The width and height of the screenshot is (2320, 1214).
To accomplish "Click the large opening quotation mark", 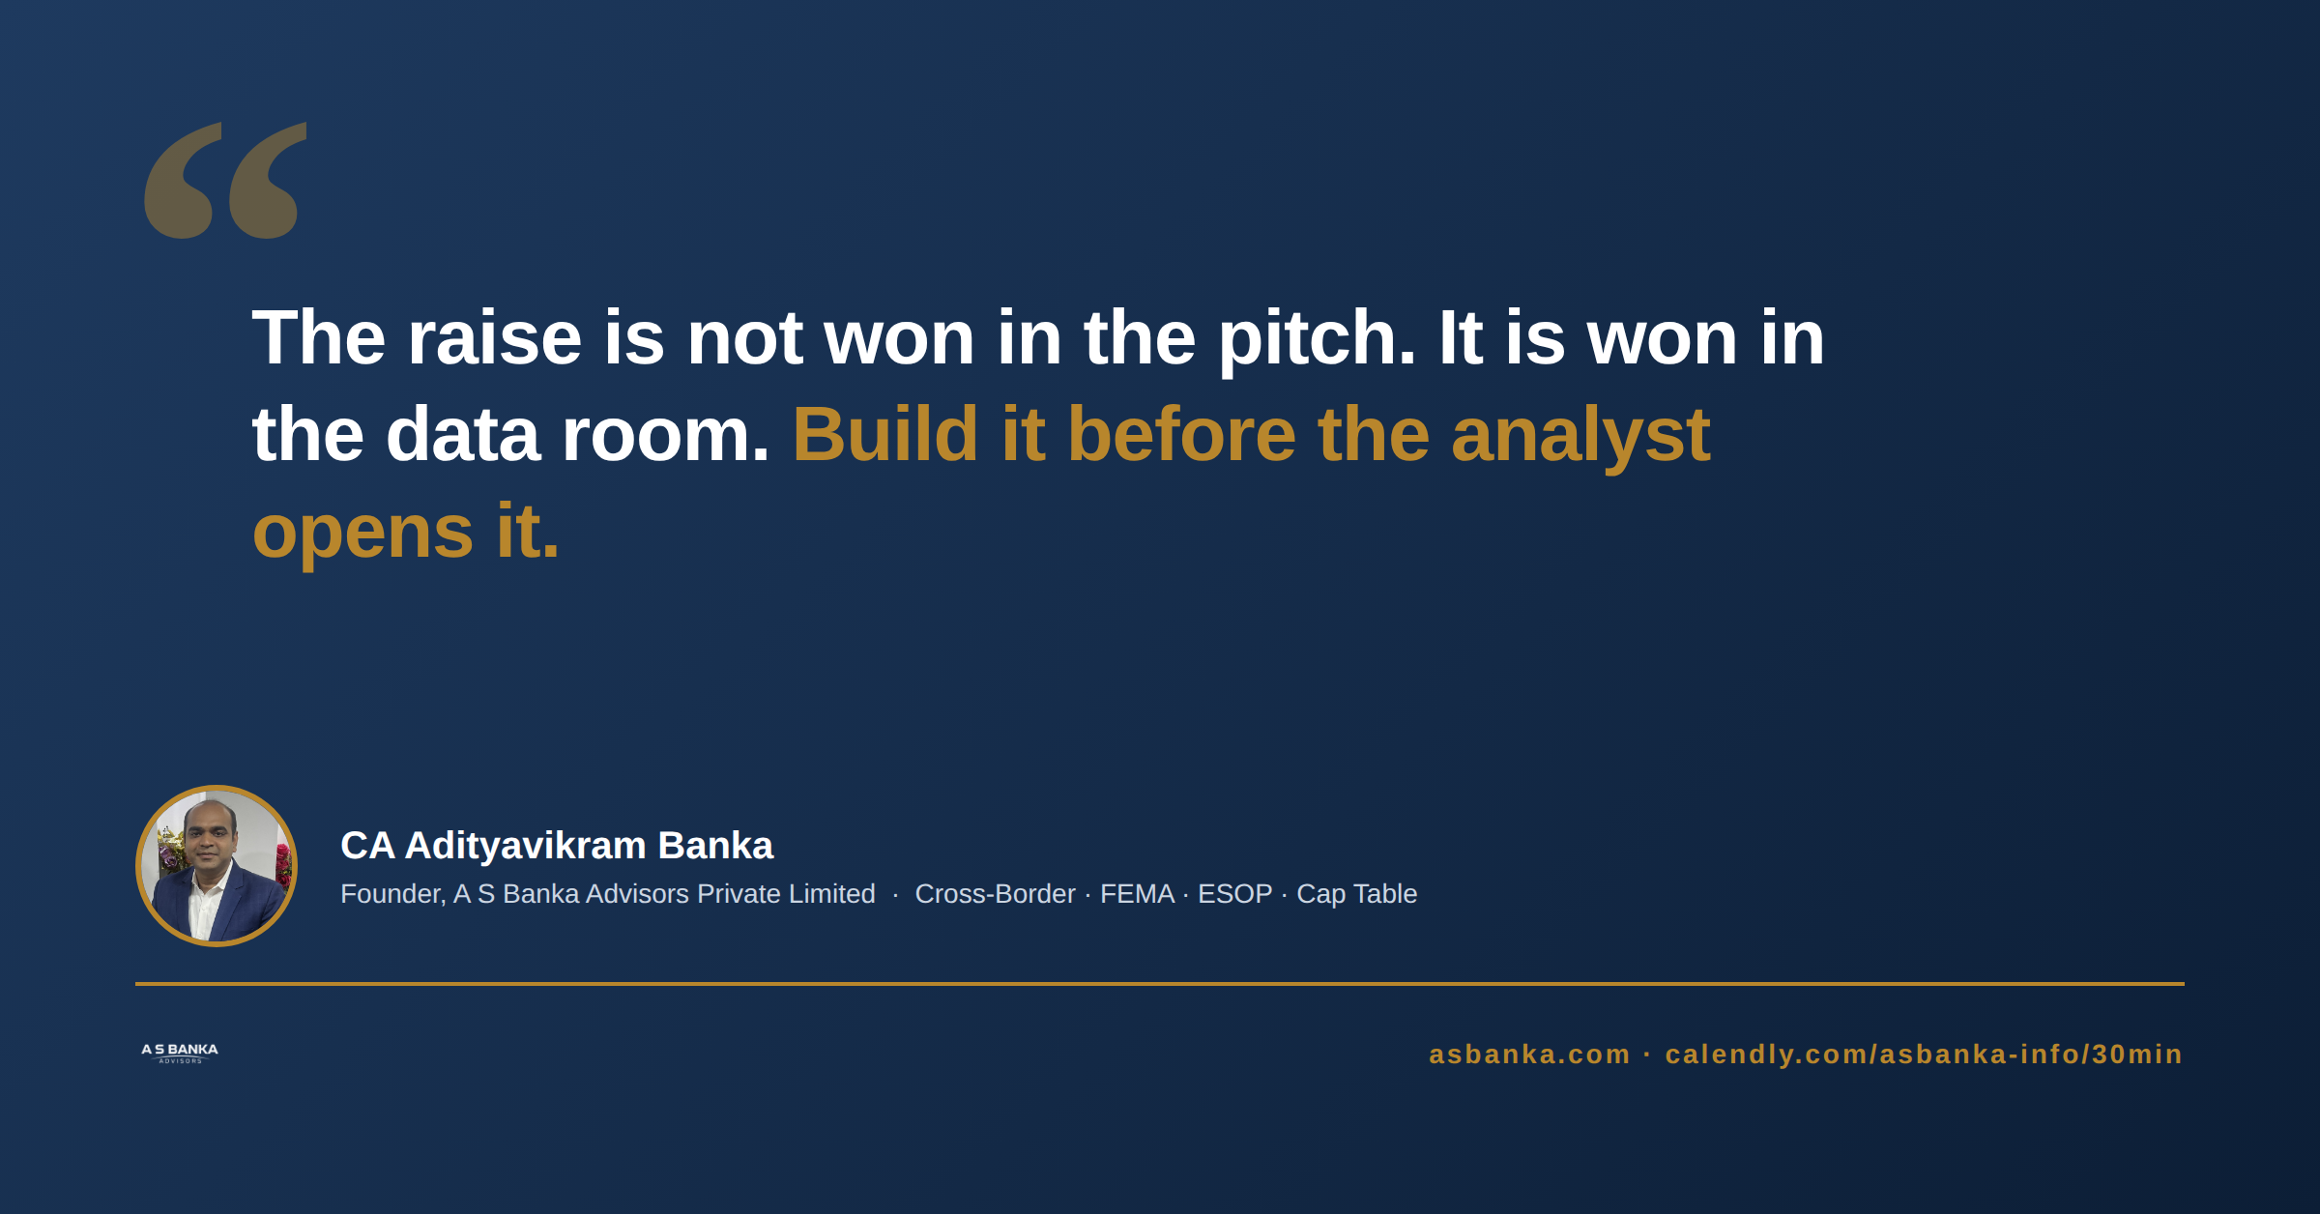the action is [225, 180].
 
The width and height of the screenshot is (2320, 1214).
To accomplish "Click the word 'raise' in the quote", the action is [494, 337].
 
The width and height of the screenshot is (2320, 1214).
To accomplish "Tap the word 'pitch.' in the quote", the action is [1317, 341].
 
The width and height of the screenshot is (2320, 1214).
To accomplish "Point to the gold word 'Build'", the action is [885, 434].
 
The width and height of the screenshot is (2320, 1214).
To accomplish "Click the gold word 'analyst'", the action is [1580, 438].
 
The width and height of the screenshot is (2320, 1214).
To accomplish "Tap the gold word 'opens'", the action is [362, 535].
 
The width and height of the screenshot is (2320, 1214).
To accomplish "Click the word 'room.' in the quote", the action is [665, 438].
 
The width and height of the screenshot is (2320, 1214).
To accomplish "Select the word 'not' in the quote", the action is [744, 339].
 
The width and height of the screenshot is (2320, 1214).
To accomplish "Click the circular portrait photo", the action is [217, 866].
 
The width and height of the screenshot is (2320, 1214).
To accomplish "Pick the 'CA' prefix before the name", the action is [367, 846].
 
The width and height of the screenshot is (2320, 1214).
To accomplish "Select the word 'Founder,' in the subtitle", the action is [392, 894].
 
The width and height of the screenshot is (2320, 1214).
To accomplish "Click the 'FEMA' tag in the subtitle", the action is [1137, 894].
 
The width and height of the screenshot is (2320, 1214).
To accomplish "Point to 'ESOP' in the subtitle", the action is [1234, 894].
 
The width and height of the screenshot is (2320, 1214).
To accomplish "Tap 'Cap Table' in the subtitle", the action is [1356, 895].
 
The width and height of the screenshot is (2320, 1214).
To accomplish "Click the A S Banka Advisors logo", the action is [180, 1053].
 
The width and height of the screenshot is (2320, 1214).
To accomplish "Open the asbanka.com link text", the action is [1529, 1055].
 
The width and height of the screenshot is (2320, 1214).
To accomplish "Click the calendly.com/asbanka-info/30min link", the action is [1924, 1055].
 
